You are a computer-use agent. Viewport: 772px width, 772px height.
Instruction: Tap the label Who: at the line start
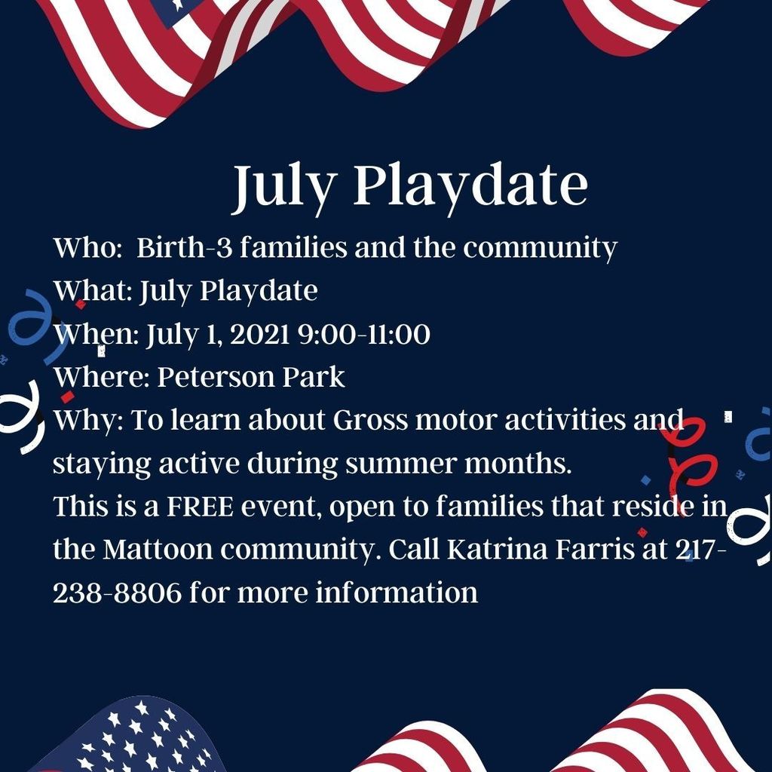(87, 247)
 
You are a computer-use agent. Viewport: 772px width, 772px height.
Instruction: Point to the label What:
(93, 290)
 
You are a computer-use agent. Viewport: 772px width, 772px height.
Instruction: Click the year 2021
(259, 334)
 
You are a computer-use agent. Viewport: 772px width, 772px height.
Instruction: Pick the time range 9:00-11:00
(364, 334)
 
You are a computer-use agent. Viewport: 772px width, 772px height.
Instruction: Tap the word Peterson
(216, 377)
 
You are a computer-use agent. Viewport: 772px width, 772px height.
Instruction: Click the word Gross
(370, 420)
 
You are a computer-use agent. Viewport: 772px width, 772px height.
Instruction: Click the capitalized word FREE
(200, 507)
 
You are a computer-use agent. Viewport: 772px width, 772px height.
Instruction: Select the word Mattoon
(158, 550)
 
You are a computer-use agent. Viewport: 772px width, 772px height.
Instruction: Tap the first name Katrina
(498, 550)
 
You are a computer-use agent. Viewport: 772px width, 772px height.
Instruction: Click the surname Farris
(595, 550)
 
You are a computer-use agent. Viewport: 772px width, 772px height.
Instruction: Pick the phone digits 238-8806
(117, 593)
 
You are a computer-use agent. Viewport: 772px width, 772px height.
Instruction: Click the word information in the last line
(397, 593)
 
